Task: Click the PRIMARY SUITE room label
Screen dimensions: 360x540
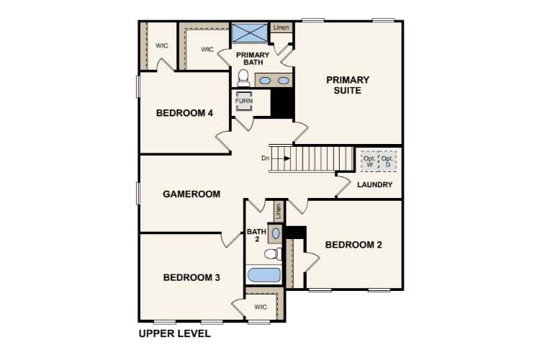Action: click(x=348, y=85)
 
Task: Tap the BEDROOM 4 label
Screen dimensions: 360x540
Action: click(x=185, y=112)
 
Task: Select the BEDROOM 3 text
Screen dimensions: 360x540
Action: click(x=191, y=277)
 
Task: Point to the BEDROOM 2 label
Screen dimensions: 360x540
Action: click(x=353, y=245)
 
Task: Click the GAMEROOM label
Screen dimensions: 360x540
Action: click(x=191, y=194)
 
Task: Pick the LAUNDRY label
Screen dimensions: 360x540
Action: click(x=375, y=185)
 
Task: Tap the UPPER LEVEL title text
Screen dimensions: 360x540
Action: click(x=174, y=334)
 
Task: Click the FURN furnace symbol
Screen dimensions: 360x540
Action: click(x=244, y=102)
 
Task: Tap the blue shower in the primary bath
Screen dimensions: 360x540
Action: click(x=248, y=33)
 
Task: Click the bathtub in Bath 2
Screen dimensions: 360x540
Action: click(x=265, y=274)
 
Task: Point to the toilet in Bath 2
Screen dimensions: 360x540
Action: click(x=273, y=253)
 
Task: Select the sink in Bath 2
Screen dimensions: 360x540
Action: click(x=276, y=232)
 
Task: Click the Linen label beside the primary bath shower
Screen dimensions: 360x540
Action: click(x=281, y=27)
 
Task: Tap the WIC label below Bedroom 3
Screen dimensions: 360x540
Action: click(x=260, y=307)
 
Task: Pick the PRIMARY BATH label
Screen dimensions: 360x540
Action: click(x=253, y=58)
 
